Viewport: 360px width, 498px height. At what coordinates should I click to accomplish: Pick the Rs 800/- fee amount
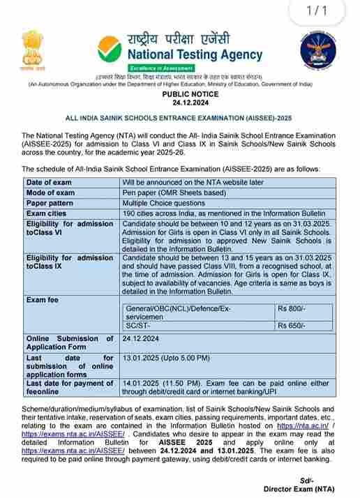click(291, 307)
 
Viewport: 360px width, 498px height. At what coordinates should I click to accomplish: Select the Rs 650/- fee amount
click(291, 325)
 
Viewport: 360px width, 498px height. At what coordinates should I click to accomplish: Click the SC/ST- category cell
click(139, 325)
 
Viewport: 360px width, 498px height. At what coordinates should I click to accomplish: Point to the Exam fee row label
click(44, 299)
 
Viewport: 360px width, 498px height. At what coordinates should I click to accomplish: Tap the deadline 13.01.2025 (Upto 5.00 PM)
click(165, 358)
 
